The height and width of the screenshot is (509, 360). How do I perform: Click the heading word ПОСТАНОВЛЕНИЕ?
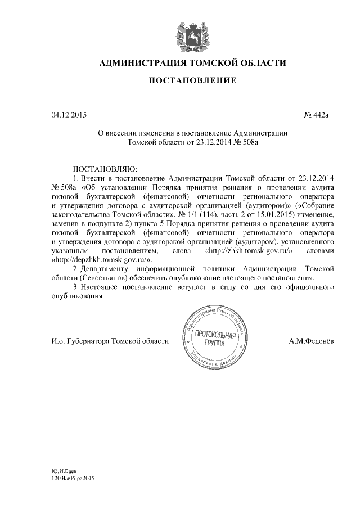pyautogui.click(x=192, y=82)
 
